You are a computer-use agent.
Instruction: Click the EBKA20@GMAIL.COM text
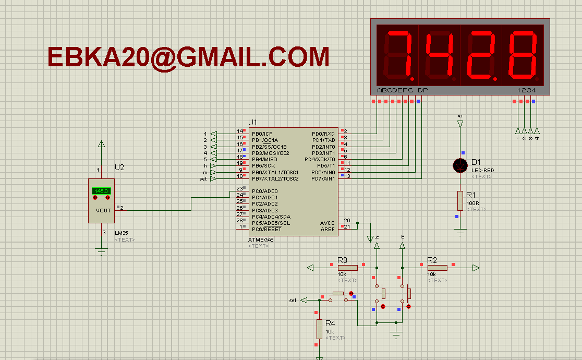[x=188, y=57]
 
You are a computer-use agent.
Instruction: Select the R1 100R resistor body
[x=460, y=201]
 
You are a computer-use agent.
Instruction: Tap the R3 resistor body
[x=347, y=268]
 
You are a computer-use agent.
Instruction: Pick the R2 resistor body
[x=437, y=268]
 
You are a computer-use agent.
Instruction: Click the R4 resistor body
[x=319, y=329]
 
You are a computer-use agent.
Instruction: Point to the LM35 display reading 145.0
[x=101, y=191]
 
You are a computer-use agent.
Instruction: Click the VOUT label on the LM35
[x=103, y=210]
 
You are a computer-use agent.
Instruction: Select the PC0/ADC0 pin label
[x=264, y=191]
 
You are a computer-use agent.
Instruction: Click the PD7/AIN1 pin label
[x=323, y=178]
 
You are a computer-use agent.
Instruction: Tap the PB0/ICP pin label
[x=262, y=134]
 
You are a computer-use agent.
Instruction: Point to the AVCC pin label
[x=327, y=223]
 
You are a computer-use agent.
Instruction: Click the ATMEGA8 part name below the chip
[x=261, y=239]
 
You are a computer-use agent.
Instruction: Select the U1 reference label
[x=253, y=122]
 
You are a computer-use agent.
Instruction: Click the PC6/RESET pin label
[x=266, y=229]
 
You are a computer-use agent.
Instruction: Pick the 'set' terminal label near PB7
[x=203, y=179]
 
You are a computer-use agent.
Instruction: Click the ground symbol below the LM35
[x=102, y=251]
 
